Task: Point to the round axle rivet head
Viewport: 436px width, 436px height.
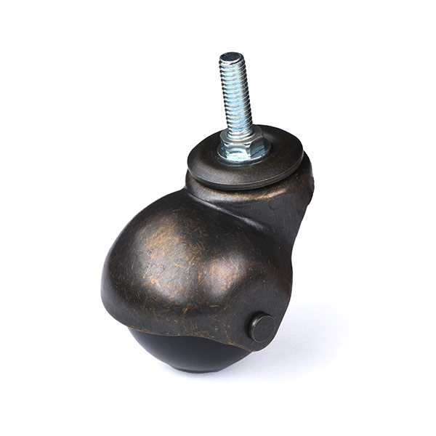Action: (262, 328)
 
